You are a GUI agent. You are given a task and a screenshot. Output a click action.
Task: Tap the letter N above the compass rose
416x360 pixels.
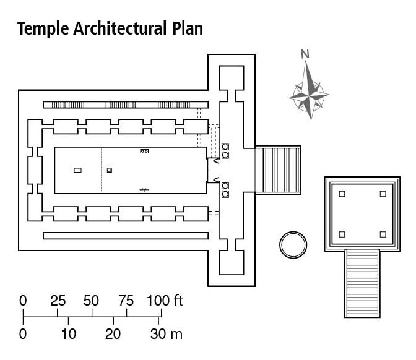click(305, 54)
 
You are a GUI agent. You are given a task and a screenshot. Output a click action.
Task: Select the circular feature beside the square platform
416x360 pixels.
click(293, 244)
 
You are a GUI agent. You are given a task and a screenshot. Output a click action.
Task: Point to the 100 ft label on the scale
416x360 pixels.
click(165, 301)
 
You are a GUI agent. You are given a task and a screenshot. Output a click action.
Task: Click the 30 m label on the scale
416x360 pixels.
click(166, 335)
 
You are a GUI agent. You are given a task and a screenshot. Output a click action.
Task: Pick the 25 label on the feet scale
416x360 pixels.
click(58, 301)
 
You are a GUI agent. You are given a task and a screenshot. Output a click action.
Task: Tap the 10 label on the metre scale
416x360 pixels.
click(68, 335)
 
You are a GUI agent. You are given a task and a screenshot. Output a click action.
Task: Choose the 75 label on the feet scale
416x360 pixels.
click(126, 301)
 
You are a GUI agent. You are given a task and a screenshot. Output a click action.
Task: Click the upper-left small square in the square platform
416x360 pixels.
click(342, 194)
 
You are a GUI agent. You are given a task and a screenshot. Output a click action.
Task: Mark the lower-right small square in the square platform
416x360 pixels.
click(383, 234)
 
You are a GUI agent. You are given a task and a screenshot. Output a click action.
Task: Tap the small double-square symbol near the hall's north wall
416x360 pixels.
click(145, 151)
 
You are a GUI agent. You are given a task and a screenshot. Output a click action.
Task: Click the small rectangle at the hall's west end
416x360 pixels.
click(77, 170)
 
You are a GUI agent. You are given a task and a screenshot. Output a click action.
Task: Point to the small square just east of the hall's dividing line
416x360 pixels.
click(109, 170)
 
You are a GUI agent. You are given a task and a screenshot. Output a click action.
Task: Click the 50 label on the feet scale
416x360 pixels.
click(92, 301)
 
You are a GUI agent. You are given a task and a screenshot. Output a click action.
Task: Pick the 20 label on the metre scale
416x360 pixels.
click(113, 335)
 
